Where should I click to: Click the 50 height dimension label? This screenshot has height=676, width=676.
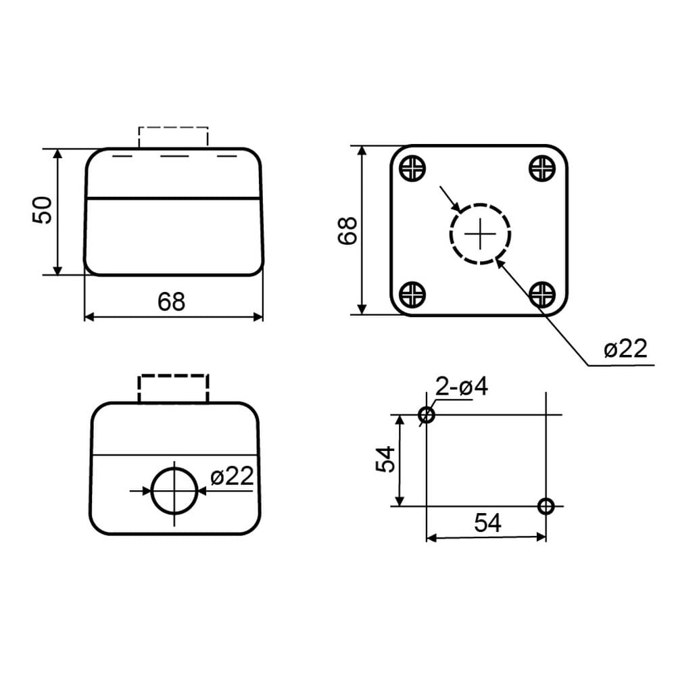click(42, 210)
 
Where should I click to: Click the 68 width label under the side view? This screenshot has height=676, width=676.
click(171, 301)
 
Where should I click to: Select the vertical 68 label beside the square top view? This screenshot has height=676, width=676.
click(347, 231)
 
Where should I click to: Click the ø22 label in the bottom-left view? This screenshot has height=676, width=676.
click(232, 477)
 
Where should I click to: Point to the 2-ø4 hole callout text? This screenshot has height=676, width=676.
click(462, 386)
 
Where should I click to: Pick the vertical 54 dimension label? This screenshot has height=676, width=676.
click(385, 460)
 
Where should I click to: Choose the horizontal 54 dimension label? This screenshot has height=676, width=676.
click(487, 523)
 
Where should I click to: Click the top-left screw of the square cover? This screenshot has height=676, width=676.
click(412, 168)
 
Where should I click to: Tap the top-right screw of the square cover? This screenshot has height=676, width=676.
click(541, 168)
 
